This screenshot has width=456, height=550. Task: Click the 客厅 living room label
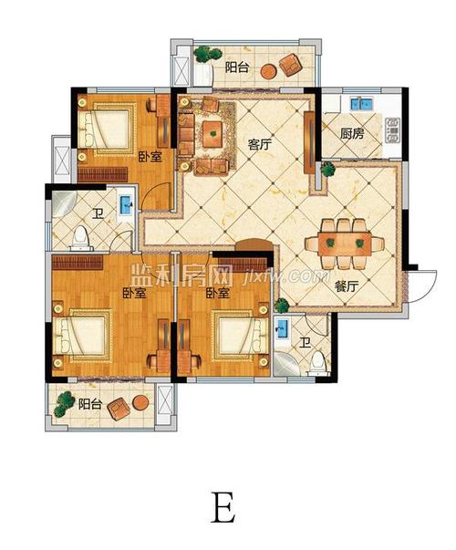pyautogui.click(x=260, y=144)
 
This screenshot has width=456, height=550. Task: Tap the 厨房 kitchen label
pyautogui.click(x=352, y=133)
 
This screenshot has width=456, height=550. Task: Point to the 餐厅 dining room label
pyautogui.click(x=347, y=287)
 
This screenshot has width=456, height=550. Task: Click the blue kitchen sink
pyautogui.click(x=361, y=104)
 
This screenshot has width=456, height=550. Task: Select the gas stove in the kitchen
pyautogui.click(x=393, y=130)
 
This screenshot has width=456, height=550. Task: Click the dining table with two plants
pyautogui.click(x=345, y=244)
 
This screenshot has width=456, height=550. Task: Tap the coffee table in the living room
pyautogui.click(x=212, y=134)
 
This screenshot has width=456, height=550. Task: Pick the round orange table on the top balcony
pyautogui.click(x=269, y=71)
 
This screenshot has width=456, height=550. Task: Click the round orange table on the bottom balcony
pyautogui.click(x=140, y=403)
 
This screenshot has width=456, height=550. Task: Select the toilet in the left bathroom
pyautogui.click(x=81, y=239)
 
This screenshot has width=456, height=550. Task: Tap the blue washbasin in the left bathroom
pyautogui.click(x=126, y=205)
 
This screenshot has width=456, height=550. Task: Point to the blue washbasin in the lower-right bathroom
pyautogui.click(x=281, y=328)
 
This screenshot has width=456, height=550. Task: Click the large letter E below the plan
pyautogui.click(x=223, y=507)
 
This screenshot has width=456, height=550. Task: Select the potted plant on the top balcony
pyautogui.click(x=208, y=55)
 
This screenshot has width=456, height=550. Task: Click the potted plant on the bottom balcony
pyautogui.click(x=65, y=403)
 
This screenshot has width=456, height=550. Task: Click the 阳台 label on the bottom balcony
pyautogui.click(x=89, y=404)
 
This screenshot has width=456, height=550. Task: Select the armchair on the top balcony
pyautogui.click(x=291, y=64)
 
